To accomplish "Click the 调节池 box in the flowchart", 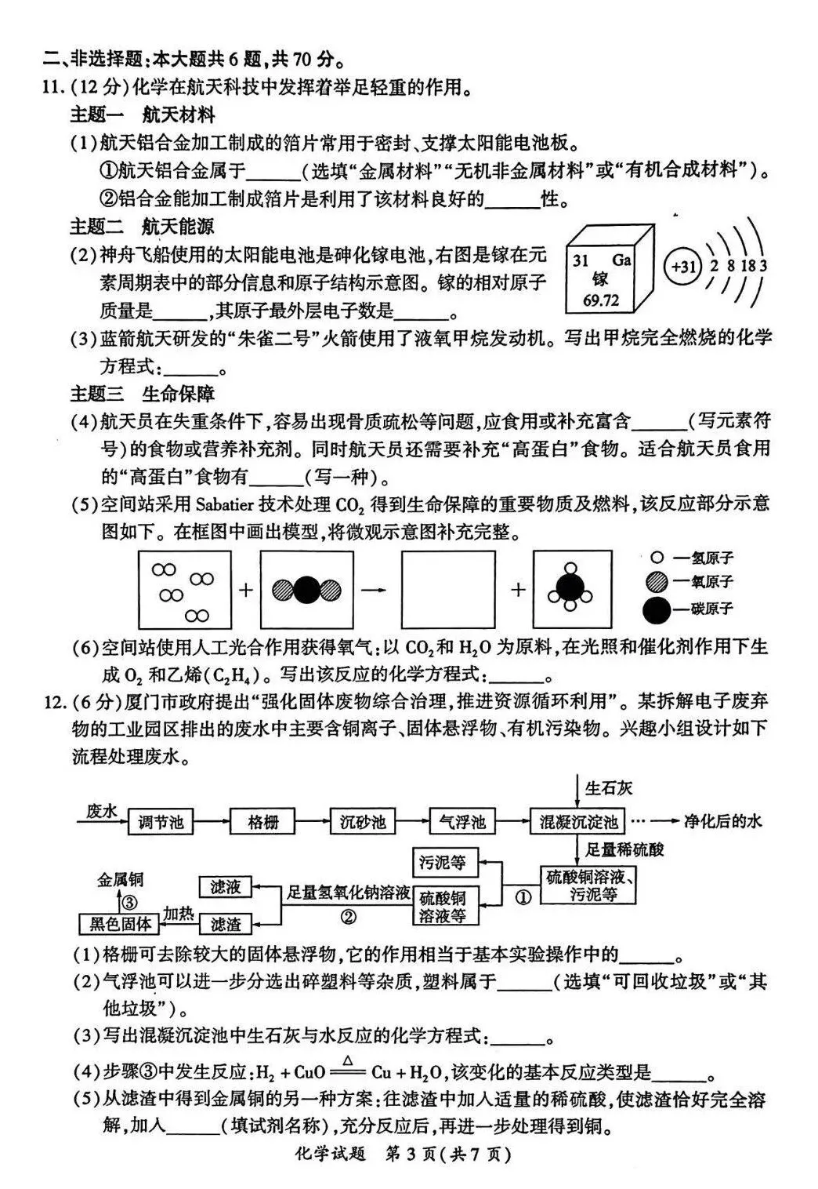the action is tap(160, 822).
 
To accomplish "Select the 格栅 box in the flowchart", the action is tap(262, 822).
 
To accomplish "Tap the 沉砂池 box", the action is tap(363, 822).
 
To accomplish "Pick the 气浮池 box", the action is tap(461, 822).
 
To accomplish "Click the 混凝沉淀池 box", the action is tap(577, 822).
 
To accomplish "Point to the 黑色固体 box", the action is tap(119, 924).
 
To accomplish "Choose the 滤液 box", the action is tap(226, 887).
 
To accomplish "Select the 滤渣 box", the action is tap(226, 924).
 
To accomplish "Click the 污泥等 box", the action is tap(445, 862).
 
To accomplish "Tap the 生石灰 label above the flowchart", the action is tap(609, 788).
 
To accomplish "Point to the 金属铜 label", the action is tap(120, 879).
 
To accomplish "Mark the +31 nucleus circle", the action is tap(682, 266).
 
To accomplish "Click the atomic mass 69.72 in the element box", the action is tap(601, 300).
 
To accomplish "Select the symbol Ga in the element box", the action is tap(621, 260).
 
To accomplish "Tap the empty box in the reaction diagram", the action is tap(448, 589).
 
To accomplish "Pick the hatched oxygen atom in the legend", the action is tap(657, 581).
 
